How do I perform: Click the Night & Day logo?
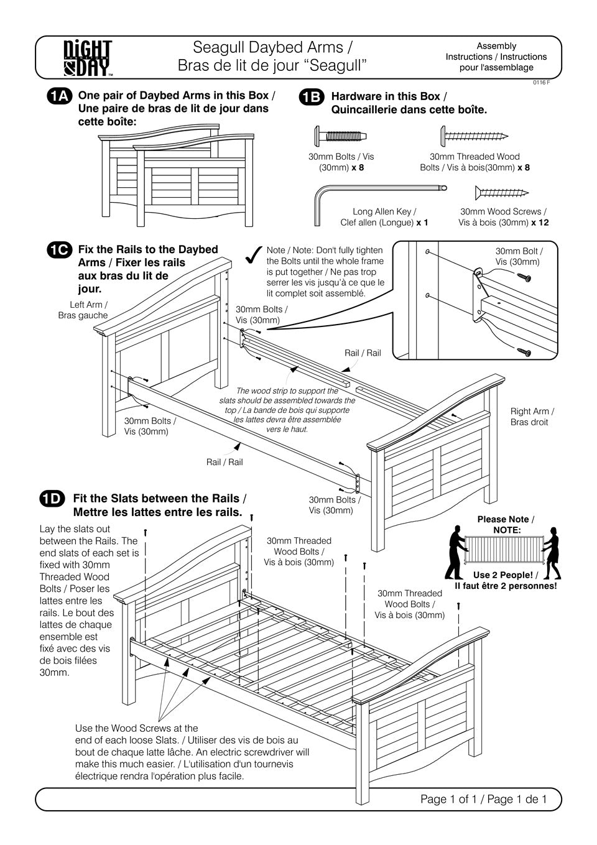pyautogui.click(x=88, y=58)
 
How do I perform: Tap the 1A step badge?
pyautogui.click(x=59, y=96)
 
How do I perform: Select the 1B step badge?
pyautogui.click(x=311, y=97)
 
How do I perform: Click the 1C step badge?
pyautogui.click(x=59, y=250)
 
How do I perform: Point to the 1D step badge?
pyautogui.click(x=52, y=499)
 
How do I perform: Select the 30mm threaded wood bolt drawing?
pyautogui.click(x=474, y=135)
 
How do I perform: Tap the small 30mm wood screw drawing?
pyautogui.click(x=501, y=192)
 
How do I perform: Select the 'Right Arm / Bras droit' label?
pyautogui.click(x=532, y=417)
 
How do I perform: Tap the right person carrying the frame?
pyautogui.click(x=552, y=552)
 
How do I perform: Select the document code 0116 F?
pyautogui.click(x=540, y=83)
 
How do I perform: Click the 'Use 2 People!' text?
pyautogui.click(x=502, y=575)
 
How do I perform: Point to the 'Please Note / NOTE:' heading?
pyautogui.click(x=505, y=525)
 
